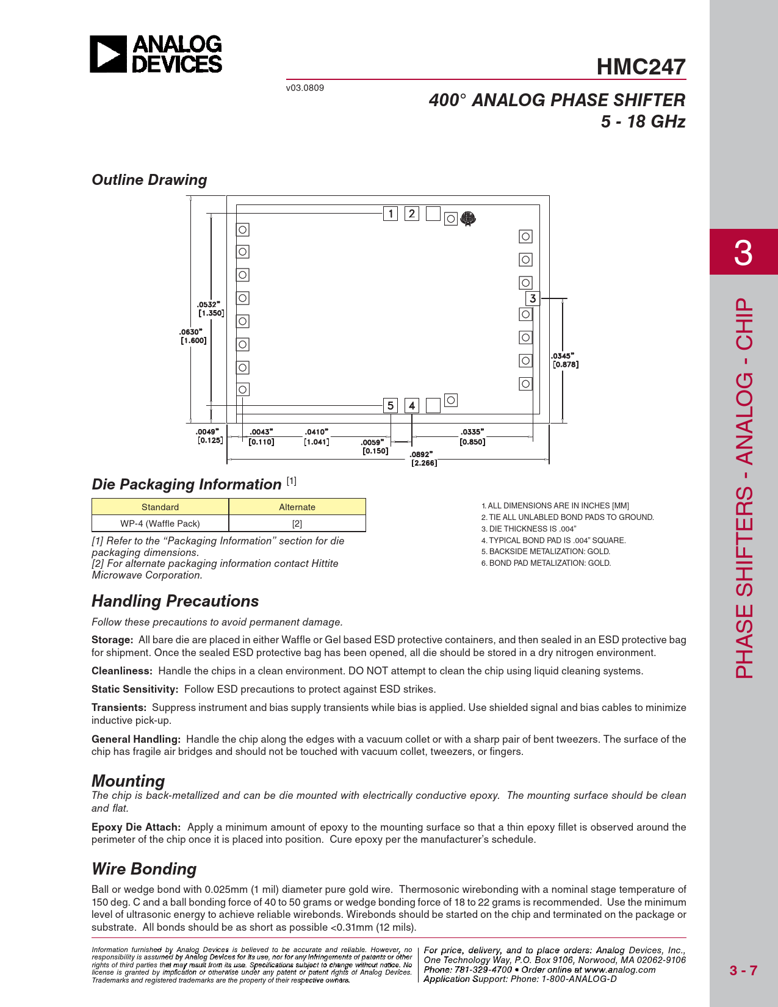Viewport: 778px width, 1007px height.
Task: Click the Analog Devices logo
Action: point(156,54)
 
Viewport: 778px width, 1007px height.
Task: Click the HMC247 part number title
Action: point(641,67)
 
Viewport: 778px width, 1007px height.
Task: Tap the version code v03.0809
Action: point(305,88)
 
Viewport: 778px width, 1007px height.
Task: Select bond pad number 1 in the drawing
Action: point(391,214)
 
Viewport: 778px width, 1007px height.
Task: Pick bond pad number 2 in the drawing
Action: point(412,214)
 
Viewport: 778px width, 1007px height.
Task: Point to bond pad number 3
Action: point(533,298)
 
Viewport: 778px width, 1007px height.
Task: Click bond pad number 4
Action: point(412,405)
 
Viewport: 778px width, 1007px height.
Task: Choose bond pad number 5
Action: point(391,405)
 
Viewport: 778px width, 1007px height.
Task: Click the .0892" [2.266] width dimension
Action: point(423,458)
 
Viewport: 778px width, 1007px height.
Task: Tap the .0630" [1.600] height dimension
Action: point(193,336)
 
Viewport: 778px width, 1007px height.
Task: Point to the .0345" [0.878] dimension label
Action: point(565,360)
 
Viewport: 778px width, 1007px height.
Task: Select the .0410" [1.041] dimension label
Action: point(316,437)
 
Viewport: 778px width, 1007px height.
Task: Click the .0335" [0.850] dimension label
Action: point(472,437)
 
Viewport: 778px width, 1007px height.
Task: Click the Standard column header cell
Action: point(160,507)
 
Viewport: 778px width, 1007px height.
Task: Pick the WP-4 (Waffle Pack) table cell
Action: point(160,524)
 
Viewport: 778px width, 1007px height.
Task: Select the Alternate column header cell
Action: point(297,507)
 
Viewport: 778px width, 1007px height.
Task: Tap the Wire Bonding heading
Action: point(144,869)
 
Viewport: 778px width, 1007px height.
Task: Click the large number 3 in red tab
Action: point(743,252)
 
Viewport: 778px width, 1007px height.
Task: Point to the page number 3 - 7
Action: point(743,970)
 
